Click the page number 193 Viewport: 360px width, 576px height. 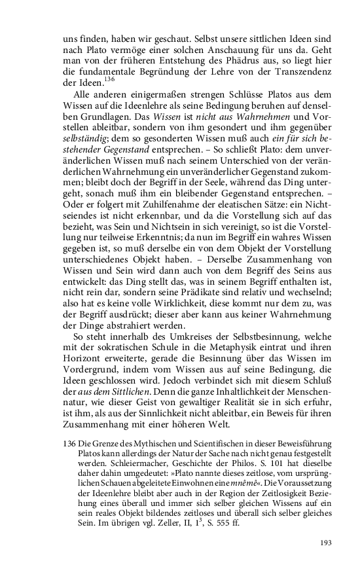(x=325, y=543)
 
